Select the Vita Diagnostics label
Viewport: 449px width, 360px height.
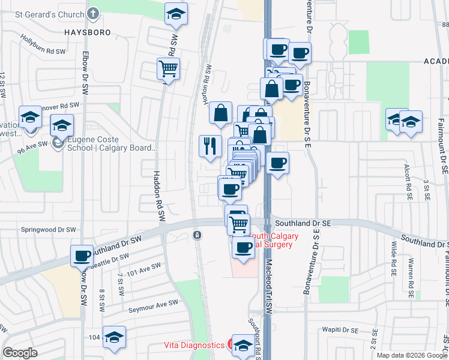click(x=194, y=345)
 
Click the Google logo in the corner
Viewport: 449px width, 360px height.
click(x=20, y=353)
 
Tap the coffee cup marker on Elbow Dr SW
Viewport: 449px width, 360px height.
click(x=82, y=256)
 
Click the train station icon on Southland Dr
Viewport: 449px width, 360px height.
click(x=196, y=235)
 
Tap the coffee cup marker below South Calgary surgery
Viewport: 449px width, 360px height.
click(x=243, y=247)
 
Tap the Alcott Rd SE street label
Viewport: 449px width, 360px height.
click(x=408, y=181)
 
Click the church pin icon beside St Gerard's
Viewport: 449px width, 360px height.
click(x=93, y=13)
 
